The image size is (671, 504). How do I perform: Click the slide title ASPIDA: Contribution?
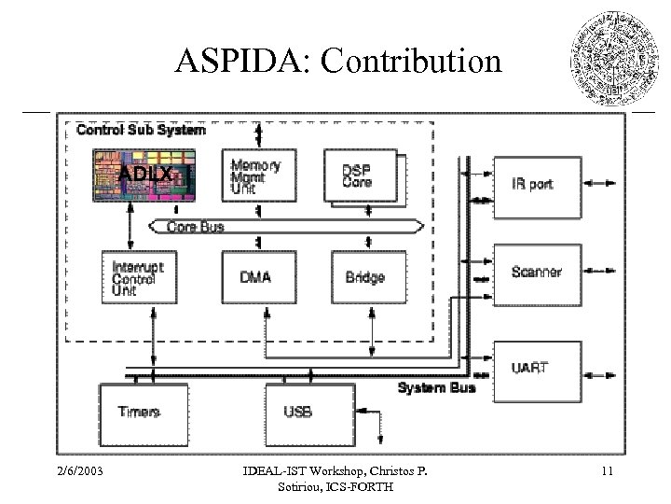[x=338, y=63]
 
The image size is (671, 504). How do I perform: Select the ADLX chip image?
[x=144, y=176]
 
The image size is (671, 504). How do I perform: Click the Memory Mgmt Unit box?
[x=257, y=176]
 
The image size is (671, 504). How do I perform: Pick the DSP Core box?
[x=360, y=176]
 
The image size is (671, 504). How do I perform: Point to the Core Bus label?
[x=195, y=226]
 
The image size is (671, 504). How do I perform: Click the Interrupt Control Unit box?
[x=138, y=277]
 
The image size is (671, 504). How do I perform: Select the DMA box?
[x=256, y=277]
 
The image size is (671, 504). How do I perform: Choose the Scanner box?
[x=536, y=273]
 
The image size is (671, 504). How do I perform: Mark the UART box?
[x=536, y=368]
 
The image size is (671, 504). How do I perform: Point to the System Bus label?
[x=436, y=387]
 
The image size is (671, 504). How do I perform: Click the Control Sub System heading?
[x=141, y=130]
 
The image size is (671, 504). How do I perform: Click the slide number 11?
[x=607, y=471]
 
